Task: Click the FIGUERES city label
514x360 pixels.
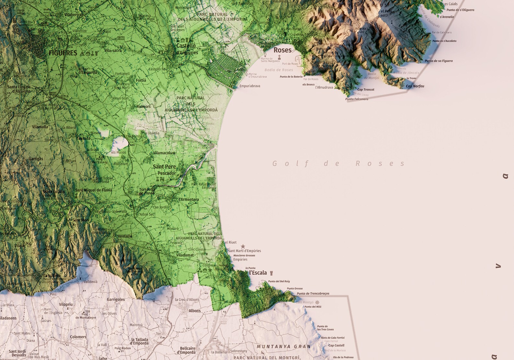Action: point(63,53)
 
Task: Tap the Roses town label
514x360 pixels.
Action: point(282,50)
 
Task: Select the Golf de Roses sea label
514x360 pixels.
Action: point(338,163)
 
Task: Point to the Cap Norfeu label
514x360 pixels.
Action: point(415,86)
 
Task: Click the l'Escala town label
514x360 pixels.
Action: point(258,273)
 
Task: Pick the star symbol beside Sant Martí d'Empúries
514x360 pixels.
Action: point(243,246)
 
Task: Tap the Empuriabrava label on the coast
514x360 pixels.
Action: point(250,86)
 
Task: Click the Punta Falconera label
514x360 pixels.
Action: point(357,99)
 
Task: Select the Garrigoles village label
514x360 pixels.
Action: point(116,299)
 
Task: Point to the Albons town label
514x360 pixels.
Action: point(195,311)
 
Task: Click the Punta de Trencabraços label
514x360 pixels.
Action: point(313,294)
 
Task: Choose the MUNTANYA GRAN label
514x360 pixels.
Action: point(284,346)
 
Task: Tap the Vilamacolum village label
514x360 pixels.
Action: point(164,153)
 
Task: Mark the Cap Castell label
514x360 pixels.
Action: point(336,345)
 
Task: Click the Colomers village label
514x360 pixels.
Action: point(78,337)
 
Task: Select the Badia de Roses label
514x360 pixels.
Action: point(278,70)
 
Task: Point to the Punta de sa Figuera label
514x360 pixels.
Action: point(439,61)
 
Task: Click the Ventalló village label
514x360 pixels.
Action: point(125,236)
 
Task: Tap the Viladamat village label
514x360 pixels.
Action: point(185,255)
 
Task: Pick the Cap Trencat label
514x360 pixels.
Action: point(366,90)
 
